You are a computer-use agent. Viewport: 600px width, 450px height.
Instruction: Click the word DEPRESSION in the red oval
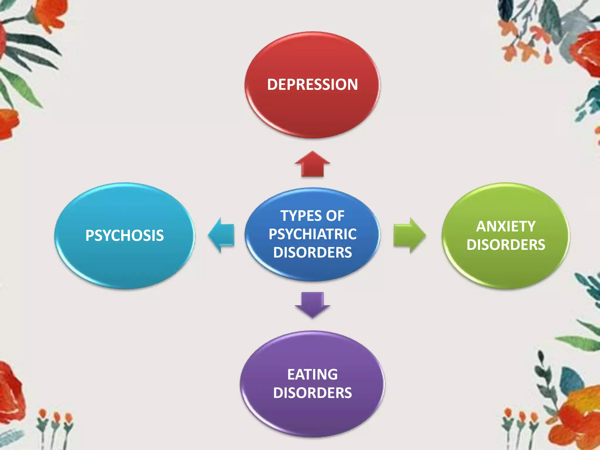(312, 84)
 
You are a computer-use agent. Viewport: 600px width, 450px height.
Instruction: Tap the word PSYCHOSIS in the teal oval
(125, 235)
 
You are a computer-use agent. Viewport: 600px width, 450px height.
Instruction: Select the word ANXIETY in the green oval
(506, 226)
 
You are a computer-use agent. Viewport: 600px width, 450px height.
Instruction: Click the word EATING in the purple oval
(312, 374)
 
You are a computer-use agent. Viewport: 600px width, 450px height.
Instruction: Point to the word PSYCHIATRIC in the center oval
(313, 234)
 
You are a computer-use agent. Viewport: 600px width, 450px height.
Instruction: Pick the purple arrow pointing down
(312, 305)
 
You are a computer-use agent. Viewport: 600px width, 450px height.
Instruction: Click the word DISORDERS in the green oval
(506, 245)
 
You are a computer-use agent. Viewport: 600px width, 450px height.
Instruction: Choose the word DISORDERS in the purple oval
(312, 393)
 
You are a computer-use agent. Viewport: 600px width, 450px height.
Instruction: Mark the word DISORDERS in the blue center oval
(313, 253)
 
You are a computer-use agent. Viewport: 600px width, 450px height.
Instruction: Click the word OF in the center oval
(335, 216)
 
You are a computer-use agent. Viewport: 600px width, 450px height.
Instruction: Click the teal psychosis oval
(125, 264)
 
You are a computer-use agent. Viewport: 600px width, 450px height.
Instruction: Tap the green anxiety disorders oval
(506, 270)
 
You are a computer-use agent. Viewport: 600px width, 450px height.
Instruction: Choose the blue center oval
(312, 270)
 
